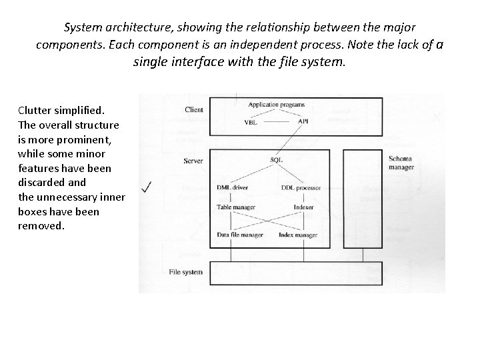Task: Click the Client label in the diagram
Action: (x=194, y=109)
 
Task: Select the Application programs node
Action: (x=276, y=105)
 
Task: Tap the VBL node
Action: (x=251, y=122)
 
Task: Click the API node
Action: (x=303, y=122)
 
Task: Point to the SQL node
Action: (x=276, y=159)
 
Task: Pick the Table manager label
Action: (x=235, y=207)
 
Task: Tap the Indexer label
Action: (x=303, y=207)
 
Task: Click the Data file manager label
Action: (x=240, y=235)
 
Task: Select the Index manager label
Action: (x=297, y=235)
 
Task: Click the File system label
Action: (x=186, y=272)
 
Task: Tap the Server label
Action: (x=193, y=161)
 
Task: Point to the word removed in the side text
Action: (x=41, y=226)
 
